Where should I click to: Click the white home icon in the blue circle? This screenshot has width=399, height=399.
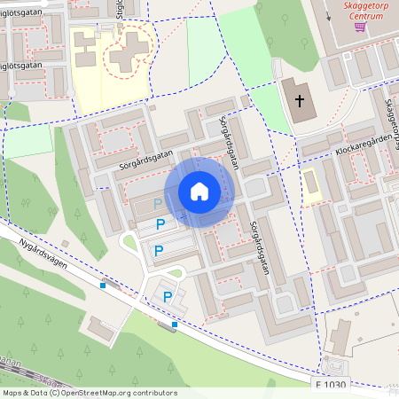(x=199, y=192)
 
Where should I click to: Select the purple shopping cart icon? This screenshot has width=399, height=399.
(x=360, y=27)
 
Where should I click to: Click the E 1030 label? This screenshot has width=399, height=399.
(x=331, y=385)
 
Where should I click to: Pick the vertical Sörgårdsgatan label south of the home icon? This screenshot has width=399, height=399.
(x=259, y=249)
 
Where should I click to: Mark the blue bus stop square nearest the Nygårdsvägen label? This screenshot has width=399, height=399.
(x=104, y=286)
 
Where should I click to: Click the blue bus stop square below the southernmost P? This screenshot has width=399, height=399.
(x=175, y=325)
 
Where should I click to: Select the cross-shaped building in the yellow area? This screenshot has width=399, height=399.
(x=129, y=53)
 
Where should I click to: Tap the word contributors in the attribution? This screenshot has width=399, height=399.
(x=154, y=393)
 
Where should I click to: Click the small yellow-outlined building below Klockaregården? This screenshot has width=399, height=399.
(x=312, y=184)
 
